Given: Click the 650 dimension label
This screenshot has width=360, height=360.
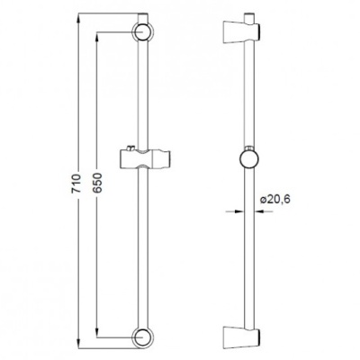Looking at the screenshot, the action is (97, 183).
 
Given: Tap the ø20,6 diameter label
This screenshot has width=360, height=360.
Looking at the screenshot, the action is (275, 200).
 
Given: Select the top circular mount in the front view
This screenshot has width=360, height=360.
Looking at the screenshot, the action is (142, 32).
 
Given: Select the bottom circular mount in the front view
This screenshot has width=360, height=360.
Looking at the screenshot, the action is (142, 336).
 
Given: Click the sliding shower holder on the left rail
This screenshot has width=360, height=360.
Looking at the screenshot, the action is (146, 157).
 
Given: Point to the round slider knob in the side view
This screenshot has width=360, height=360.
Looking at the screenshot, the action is (249, 159).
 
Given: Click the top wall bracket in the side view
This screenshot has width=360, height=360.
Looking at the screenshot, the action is (241, 31).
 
